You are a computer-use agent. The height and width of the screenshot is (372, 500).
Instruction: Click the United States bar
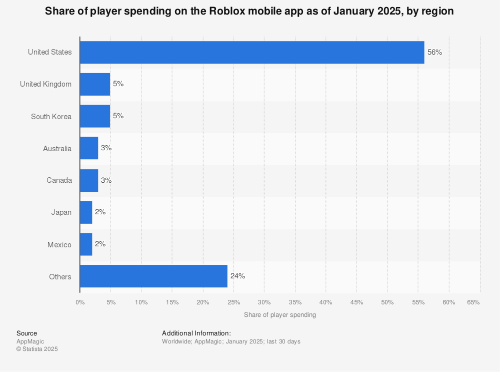pyautogui.click(x=252, y=52)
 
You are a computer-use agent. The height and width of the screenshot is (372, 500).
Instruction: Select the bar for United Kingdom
pyautogui.click(x=95, y=84)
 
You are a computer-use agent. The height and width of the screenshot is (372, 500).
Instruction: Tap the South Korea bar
pyautogui.click(x=95, y=116)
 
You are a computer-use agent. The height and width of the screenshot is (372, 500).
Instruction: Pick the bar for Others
pyautogui.click(x=153, y=276)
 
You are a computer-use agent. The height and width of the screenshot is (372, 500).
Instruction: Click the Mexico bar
pyautogui.click(x=86, y=244)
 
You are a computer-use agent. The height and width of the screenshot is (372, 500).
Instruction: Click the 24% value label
pyautogui.click(x=237, y=276)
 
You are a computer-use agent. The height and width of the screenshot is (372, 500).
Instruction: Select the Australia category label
pyautogui.click(x=57, y=148)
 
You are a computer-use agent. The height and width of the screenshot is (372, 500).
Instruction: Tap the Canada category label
pyautogui.click(x=60, y=180)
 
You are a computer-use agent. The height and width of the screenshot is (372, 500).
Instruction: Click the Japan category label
pyautogui.click(x=61, y=212)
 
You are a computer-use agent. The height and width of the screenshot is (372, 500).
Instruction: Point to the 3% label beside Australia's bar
pyautogui.click(x=106, y=148)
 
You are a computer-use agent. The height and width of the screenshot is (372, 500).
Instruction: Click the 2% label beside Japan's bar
pyautogui.click(x=100, y=212)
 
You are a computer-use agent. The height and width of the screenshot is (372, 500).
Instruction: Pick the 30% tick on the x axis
pyautogui.click(x=264, y=302)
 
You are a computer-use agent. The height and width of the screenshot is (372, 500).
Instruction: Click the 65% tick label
pyautogui.click(x=473, y=302)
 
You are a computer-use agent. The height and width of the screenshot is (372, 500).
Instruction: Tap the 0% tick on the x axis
pyautogui.click(x=80, y=302)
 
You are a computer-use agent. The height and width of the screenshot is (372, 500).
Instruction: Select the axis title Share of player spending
pyautogui.click(x=280, y=315)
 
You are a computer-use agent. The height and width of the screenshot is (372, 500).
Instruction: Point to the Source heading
pyautogui.click(x=26, y=333)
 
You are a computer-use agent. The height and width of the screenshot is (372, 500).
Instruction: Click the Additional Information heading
pyautogui.click(x=196, y=333)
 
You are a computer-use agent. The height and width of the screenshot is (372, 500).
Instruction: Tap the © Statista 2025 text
pyautogui.click(x=37, y=349)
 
